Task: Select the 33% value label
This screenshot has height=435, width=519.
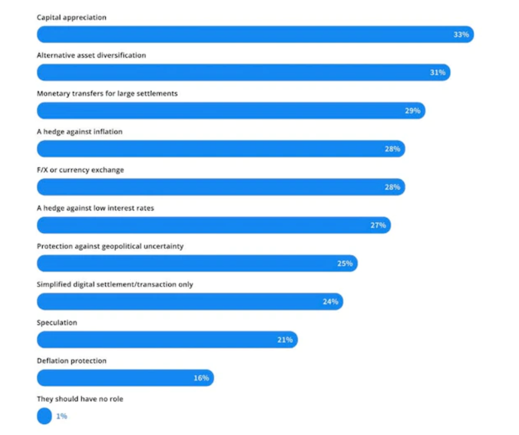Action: [461, 34]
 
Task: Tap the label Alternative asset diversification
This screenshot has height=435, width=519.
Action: [91, 55]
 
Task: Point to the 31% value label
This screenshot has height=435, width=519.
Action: [438, 72]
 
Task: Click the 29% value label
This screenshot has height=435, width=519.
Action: [412, 111]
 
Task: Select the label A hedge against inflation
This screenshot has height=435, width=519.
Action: [80, 132]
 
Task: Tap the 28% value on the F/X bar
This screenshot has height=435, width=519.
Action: [392, 187]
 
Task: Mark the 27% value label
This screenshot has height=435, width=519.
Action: [378, 225]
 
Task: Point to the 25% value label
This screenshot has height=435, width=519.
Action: [345, 263]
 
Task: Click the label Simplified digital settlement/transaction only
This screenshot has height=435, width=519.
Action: [115, 284]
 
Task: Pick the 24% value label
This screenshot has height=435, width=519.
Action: [330, 302]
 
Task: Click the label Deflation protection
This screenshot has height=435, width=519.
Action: [71, 361]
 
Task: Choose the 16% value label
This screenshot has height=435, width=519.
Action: [201, 378]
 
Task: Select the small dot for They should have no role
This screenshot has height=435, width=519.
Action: [44, 416]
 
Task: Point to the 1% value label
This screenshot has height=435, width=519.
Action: [61, 416]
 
